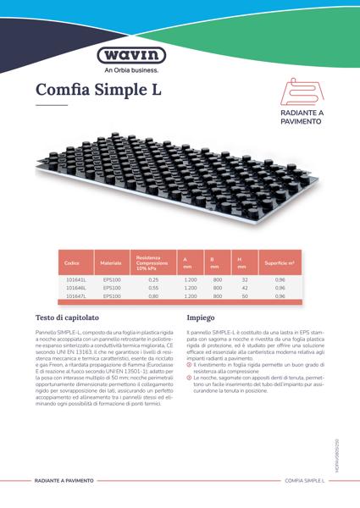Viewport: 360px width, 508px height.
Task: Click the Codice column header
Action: (72, 263)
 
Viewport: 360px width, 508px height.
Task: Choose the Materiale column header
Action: (111, 263)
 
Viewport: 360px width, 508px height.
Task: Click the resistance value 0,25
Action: (153, 279)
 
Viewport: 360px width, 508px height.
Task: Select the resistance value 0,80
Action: (153, 296)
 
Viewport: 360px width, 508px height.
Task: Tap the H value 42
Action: (244, 288)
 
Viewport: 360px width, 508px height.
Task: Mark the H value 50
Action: (244, 296)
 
